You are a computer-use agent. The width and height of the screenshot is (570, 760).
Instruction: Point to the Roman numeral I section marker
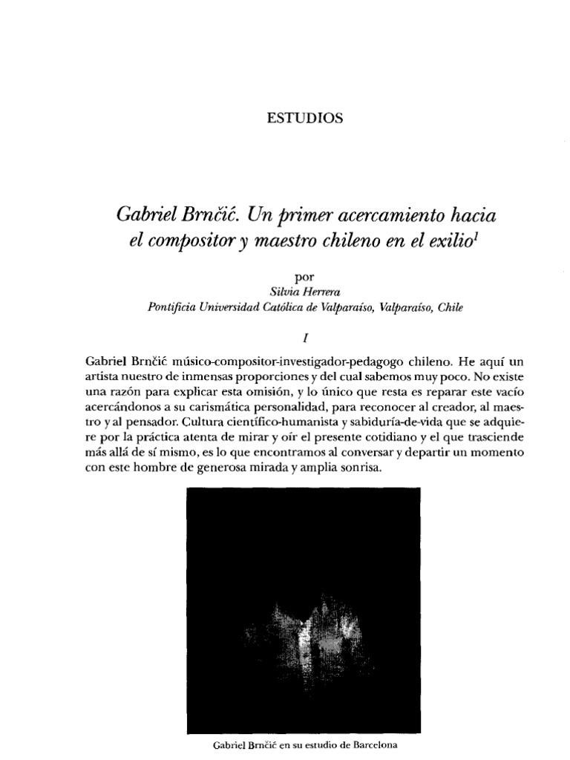305,336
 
